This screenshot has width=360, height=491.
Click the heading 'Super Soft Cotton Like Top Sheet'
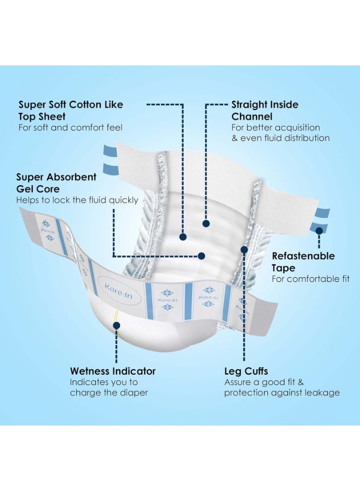click(71, 110)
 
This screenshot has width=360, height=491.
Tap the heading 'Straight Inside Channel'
click(265, 110)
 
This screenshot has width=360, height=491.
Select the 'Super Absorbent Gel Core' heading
click(56, 183)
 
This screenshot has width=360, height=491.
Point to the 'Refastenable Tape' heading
click(303, 262)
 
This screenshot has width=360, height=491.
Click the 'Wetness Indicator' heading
click(113, 371)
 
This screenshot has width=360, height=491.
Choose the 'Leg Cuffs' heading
click(246, 371)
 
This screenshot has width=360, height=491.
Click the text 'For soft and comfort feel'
click(70, 128)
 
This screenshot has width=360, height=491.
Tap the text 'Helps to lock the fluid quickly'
click(77, 200)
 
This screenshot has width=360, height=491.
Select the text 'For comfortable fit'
click(310, 279)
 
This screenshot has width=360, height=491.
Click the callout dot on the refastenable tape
click(319, 231)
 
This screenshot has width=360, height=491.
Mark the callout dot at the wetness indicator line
click(116, 326)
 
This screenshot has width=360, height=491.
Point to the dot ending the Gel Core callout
click(202, 256)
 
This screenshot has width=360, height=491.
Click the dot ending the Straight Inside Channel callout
click(206, 224)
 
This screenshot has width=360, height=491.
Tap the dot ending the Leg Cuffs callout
click(244, 249)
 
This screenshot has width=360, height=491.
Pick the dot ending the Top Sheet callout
click(183, 237)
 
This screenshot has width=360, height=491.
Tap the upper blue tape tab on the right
click(323, 213)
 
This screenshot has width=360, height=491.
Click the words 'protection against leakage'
click(282, 393)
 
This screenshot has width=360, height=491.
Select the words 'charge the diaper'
click(109, 393)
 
